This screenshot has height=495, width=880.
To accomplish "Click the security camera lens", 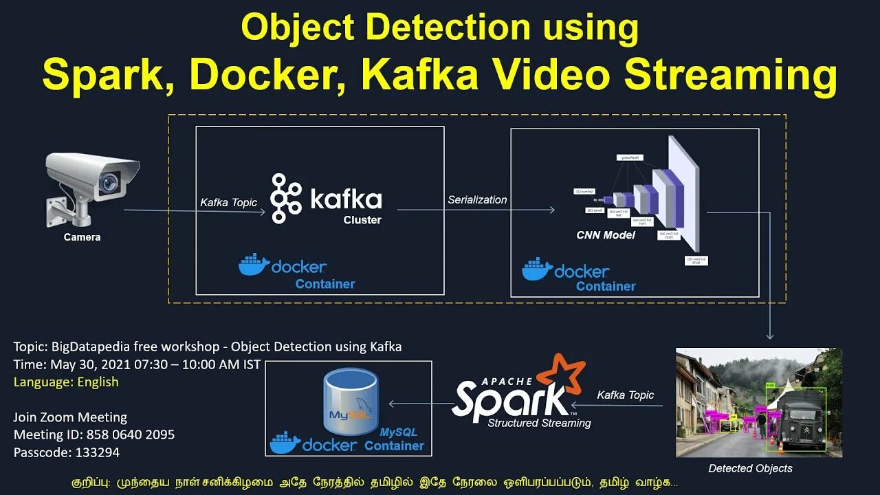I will tap(108, 183).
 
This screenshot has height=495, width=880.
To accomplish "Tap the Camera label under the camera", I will tap(82, 237).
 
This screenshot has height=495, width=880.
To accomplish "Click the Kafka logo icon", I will tap(287, 198).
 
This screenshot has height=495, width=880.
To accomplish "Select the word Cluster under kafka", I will tap(362, 220).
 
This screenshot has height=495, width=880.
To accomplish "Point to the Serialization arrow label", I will tap(477, 200).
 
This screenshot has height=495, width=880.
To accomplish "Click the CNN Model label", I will tap(606, 235).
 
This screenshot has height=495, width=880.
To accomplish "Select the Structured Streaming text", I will tap(539, 423).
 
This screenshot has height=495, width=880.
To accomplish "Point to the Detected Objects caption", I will tap(750, 468).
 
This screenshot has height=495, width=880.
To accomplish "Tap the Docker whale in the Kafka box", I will tap(253, 265).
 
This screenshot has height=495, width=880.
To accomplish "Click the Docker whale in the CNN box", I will tap(536, 269).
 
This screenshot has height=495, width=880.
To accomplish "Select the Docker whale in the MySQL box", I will tap(285, 443).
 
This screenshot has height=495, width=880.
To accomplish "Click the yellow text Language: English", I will tap(66, 382).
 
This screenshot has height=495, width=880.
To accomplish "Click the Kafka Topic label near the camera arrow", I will tap(228, 202).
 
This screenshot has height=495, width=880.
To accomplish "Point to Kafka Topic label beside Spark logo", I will tap(625, 395).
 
